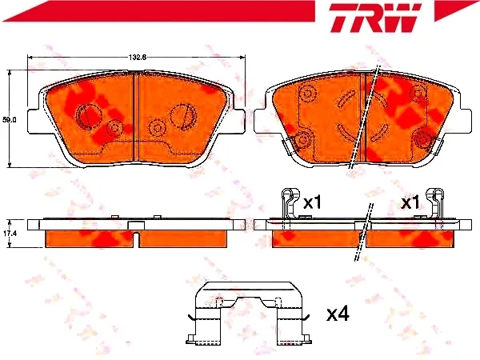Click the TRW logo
point(374,18)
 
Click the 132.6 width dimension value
point(137,58)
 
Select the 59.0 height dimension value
point(9,120)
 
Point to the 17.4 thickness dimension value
point(10,234)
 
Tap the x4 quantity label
point(338,314)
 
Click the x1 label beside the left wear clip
point(312,202)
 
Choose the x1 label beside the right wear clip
point(410,202)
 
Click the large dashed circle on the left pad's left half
point(87,116)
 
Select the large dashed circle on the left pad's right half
point(182,117)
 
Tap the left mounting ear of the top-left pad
point(34,122)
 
